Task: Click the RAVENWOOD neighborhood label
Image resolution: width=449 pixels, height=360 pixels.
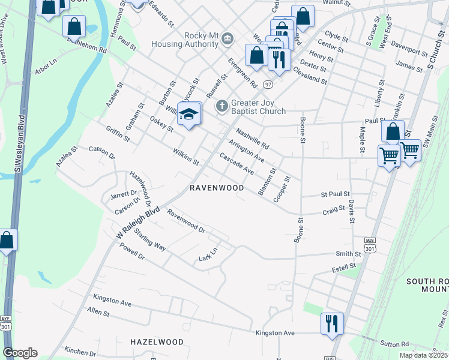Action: pyautogui.click(x=217, y=188)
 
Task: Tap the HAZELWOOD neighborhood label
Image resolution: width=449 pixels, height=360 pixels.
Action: pyautogui.click(x=157, y=342)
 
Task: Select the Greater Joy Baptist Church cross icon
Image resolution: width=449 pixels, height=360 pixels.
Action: pyautogui.click(x=221, y=106)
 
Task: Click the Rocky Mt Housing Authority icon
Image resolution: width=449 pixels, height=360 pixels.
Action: pyautogui.click(x=227, y=40)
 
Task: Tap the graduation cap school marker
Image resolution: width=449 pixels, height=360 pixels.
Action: pyautogui.click(x=188, y=115)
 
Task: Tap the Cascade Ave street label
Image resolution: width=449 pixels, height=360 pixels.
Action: pyautogui.click(x=237, y=163)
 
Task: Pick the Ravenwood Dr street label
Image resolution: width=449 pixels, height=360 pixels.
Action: pyautogui.click(x=186, y=221)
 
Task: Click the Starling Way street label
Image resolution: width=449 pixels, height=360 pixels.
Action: pyautogui.click(x=149, y=239)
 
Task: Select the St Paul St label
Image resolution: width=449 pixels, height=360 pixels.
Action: pyautogui.click(x=335, y=194)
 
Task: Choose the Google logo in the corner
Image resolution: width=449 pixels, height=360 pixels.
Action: pyautogui.click(x=20, y=353)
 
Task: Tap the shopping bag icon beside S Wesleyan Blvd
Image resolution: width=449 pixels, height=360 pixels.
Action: pyautogui.click(x=7, y=241)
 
